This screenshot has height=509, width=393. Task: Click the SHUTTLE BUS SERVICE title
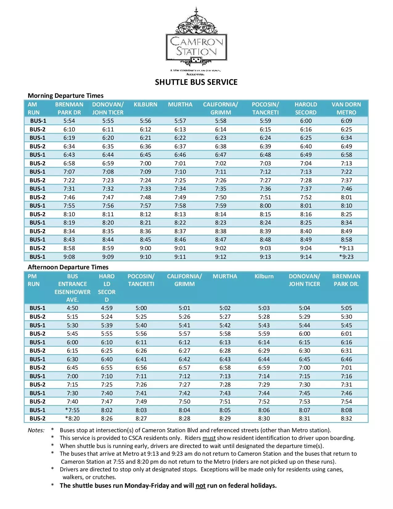tap(196, 82)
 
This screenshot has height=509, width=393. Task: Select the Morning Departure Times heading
tap(65, 96)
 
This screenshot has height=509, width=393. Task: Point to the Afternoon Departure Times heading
tap(68, 267)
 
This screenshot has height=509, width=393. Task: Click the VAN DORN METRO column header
tap(346, 108)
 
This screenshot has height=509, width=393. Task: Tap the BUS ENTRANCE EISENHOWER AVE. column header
tap(72, 288)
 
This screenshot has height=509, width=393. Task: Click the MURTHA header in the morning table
tap(180, 105)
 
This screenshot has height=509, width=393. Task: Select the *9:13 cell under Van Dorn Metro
tap(346, 248)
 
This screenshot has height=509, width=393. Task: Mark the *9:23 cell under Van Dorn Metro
tap(346, 257)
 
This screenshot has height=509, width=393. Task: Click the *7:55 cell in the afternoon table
tap(72, 410)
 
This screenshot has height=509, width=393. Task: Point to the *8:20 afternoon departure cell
tap(72, 418)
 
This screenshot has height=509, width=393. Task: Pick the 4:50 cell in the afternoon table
tap(72, 308)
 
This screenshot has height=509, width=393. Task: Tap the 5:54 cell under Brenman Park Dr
tap(69, 121)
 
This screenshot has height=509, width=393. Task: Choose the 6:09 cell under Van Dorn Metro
tap(346, 121)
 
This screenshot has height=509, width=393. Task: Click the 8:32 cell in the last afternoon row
tap(346, 418)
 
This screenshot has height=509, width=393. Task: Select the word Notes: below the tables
tap(36, 430)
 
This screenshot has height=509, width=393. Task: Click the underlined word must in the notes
tap(209, 438)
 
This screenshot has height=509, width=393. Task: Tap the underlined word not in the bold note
tap(200, 486)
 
